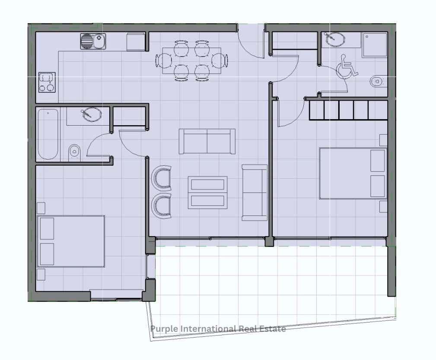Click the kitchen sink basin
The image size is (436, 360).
pos(93,41)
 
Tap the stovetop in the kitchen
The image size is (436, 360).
pos(47,82)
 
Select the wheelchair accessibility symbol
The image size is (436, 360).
pos(347,66)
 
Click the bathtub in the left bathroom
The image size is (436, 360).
pos(48,134)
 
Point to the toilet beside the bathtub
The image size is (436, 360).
pos(74,152)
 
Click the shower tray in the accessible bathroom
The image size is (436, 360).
pos(375,45)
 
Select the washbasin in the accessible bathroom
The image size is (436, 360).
pos(334,39)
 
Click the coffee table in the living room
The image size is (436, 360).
pos(208,193)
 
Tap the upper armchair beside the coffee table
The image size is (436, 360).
pos(161,178)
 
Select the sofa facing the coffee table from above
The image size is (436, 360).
pos(207,142)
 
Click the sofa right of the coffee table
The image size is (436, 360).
pos(255,193)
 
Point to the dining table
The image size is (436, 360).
pos(192,61)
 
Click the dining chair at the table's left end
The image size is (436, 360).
pos(164,61)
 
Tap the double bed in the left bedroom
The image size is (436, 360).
pos(71,241)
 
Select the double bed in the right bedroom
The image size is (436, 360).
pos(353,174)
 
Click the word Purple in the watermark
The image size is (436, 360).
pos(164,329)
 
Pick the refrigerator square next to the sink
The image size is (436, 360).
pos(136,42)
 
